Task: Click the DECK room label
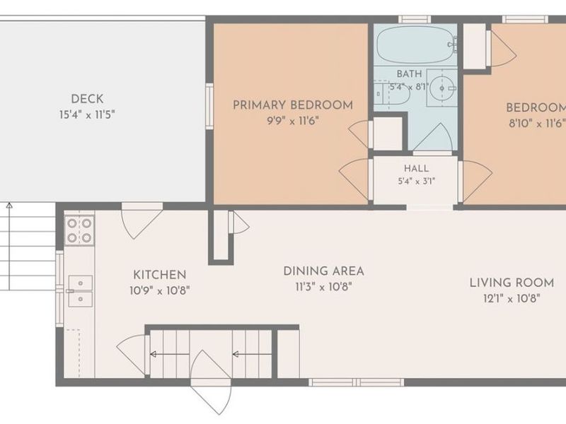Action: click(x=87, y=99)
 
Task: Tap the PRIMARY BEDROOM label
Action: click(x=293, y=105)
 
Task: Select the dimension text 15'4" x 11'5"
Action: click(x=87, y=115)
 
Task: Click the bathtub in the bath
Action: click(x=415, y=45)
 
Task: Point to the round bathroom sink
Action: click(x=441, y=88)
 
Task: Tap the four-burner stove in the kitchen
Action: click(x=79, y=231)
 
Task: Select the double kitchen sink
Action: click(x=80, y=291)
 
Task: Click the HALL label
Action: click(x=416, y=168)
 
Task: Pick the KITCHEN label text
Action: click(x=160, y=275)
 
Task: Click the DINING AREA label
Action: click(x=323, y=271)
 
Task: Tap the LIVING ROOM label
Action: click(x=512, y=283)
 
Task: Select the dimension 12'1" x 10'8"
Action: click(x=512, y=298)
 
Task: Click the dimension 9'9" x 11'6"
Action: click(x=293, y=121)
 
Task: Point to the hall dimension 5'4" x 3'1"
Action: click(x=416, y=181)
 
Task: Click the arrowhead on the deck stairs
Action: click(x=10, y=206)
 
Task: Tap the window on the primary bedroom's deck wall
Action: click(x=209, y=107)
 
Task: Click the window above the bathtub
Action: click(x=415, y=20)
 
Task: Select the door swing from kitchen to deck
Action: click(x=142, y=220)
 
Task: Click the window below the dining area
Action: click(x=356, y=382)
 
